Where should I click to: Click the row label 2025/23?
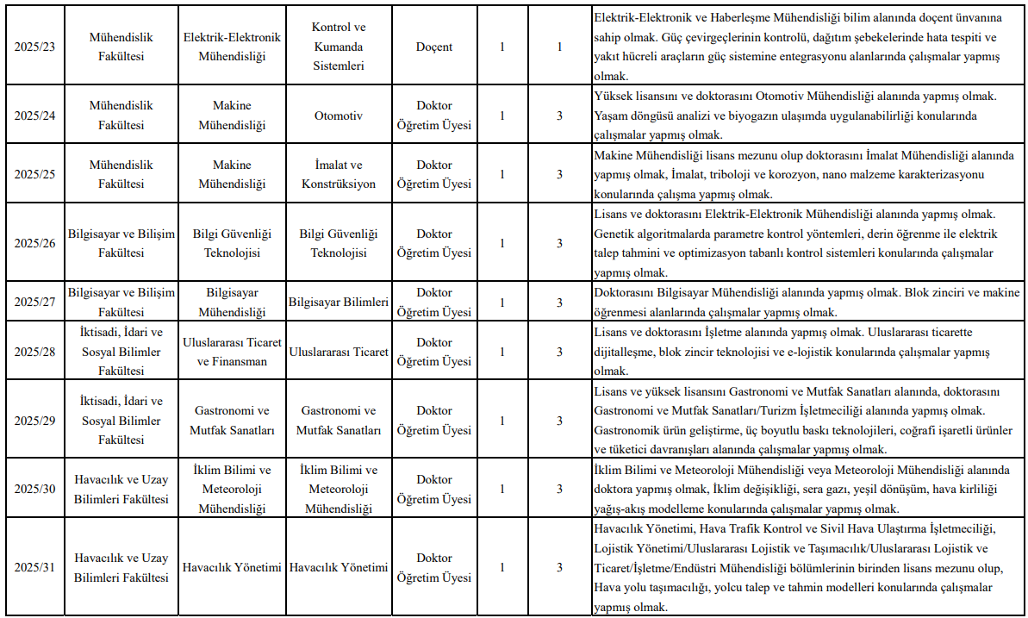click(x=34, y=47)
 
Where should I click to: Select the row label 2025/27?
click(x=34, y=302)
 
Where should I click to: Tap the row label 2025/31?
click(x=34, y=567)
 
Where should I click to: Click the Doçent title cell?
click(x=433, y=47)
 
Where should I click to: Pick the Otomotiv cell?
click(x=339, y=115)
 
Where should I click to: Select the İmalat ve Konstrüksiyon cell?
click(x=339, y=174)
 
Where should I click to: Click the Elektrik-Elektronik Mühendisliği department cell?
click(x=232, y=47)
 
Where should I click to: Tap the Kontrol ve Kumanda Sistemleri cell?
click(x=339, y=47)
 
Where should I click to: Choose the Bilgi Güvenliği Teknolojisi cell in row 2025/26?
click(x=232, y=243)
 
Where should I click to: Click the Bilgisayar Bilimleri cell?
click(x=339, y=302)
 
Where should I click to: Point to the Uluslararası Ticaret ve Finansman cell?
click(x=232, y=352)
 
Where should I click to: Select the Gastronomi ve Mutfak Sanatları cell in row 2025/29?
click(x=232, y=421)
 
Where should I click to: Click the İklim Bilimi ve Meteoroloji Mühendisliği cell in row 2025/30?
click(x=232, y=489)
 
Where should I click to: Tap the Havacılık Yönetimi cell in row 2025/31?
click(x=232, y=567)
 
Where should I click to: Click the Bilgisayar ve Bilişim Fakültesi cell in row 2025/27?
click(x=121, y=302)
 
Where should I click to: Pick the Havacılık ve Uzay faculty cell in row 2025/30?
click(x=121, y=489)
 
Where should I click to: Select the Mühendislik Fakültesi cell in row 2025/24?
click(x=121, y=115)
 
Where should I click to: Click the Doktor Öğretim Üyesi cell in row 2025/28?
click(x=433, y=352)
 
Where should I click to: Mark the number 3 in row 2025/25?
click(x=559, y=174)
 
